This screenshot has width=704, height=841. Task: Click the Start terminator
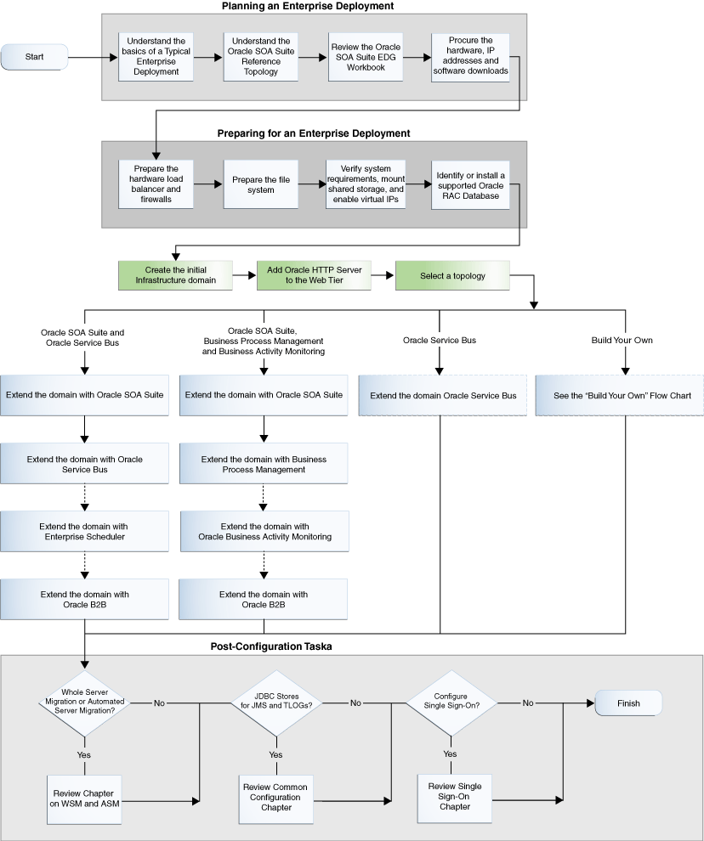point(34,57)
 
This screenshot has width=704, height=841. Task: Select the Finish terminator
point(628,703)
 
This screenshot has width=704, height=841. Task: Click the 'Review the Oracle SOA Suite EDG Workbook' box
point(366,57)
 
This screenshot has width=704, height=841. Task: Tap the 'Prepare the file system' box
point(261,184)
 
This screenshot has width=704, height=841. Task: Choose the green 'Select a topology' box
point(452,276)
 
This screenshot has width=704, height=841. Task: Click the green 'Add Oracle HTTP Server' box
point(314,276)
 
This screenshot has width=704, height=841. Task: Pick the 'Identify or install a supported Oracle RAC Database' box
point(470,185)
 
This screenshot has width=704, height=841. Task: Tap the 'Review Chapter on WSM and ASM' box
point(84,799)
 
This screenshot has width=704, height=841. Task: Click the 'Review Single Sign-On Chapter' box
point(455,798)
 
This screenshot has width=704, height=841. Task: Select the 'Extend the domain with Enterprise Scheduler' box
point(84,531)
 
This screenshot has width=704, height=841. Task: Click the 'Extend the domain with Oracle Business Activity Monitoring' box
point(264,531)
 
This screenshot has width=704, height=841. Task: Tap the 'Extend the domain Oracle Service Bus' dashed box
point(442,395)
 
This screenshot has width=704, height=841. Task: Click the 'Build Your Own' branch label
point(622,340)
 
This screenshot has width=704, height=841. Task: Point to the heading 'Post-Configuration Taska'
point(271,646)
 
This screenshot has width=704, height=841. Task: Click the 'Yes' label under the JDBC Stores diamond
point(275,754)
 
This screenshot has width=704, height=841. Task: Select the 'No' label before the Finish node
point(528,703)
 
